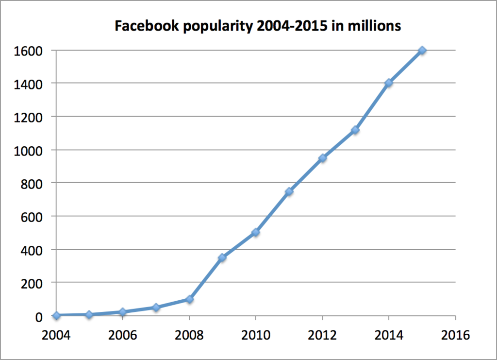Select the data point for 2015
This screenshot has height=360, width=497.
[422, 50]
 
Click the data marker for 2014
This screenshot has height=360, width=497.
[389, 83]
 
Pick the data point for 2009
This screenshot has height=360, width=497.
[222, 257]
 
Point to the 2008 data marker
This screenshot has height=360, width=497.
[189, 299]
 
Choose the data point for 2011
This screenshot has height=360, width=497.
[289, 191]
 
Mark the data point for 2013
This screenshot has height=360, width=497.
[355, 130]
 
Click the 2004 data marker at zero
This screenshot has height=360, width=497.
[56, 315]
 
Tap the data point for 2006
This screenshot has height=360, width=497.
[123, 312]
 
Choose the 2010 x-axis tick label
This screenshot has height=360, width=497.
[256, 335]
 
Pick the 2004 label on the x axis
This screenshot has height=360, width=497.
[56, 335]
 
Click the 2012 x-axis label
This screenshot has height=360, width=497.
[322, 335]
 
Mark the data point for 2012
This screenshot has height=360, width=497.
[322, 158]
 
